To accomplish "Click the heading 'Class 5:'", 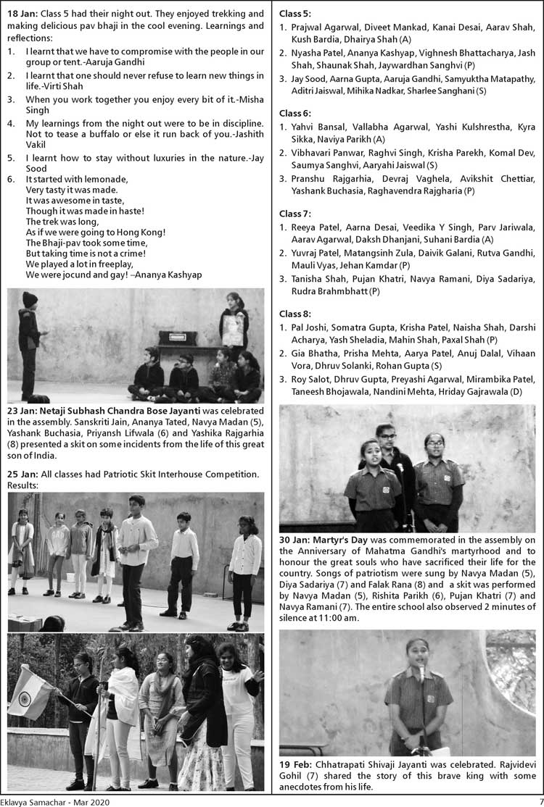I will (295, 14).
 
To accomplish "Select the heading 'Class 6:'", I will (295, 113).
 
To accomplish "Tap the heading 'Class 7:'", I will (295, 214).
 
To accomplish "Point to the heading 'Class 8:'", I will (295, 314).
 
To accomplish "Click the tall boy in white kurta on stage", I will (136, 558).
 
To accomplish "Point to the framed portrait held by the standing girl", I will (232, 327).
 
